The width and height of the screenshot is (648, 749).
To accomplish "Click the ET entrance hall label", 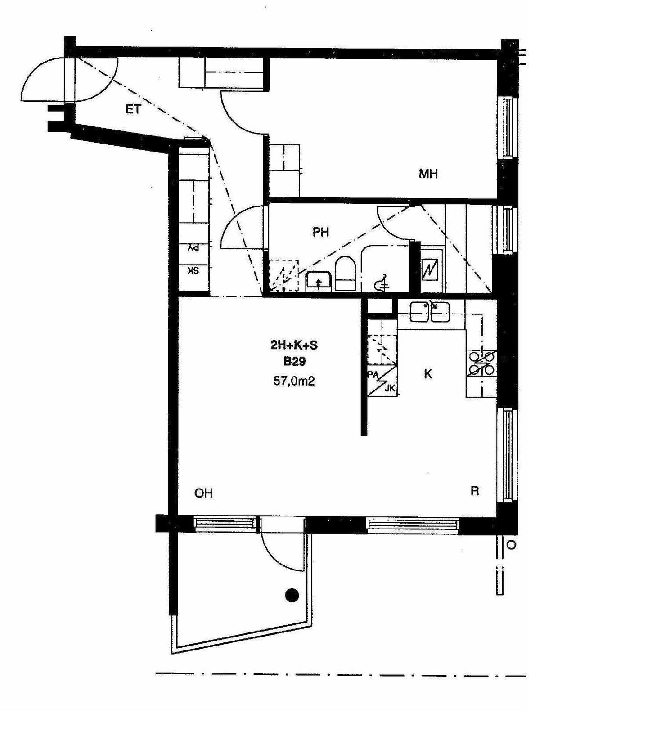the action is click(x=133, y=109).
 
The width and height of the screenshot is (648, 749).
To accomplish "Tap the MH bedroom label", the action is click(x=428, y=173).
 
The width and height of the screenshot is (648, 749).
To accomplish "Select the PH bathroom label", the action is click(x=321, y=232).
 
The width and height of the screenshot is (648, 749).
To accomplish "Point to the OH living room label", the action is click(x=203, y=493).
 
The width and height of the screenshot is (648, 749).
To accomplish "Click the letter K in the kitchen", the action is click(x=428, y=374).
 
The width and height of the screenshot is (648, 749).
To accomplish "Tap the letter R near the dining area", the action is click(x=474, y=491).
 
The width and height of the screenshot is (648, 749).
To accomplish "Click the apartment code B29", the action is click(x=294, y=361).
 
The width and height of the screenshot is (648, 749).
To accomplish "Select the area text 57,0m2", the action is click(x=294, y=381).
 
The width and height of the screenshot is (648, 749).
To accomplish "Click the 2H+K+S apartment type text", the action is click(x=294, y=345).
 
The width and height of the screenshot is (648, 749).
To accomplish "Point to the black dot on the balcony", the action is click(x=292, y=595).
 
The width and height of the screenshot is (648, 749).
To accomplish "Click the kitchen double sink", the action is click(x=430, y=312).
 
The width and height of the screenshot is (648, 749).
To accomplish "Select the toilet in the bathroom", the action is click(x=346, y=274).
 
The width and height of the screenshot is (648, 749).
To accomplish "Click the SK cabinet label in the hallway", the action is click(x=193, y=271).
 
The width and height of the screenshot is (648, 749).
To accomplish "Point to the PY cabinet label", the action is click(x=193, y=247).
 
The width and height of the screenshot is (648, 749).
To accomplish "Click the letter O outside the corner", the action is click(x=511, y=545).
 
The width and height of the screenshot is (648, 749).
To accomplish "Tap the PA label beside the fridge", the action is click(x=373, y=374).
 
